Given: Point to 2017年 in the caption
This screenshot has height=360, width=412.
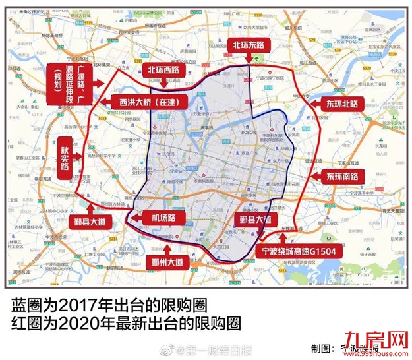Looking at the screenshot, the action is [x=82, y=305].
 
